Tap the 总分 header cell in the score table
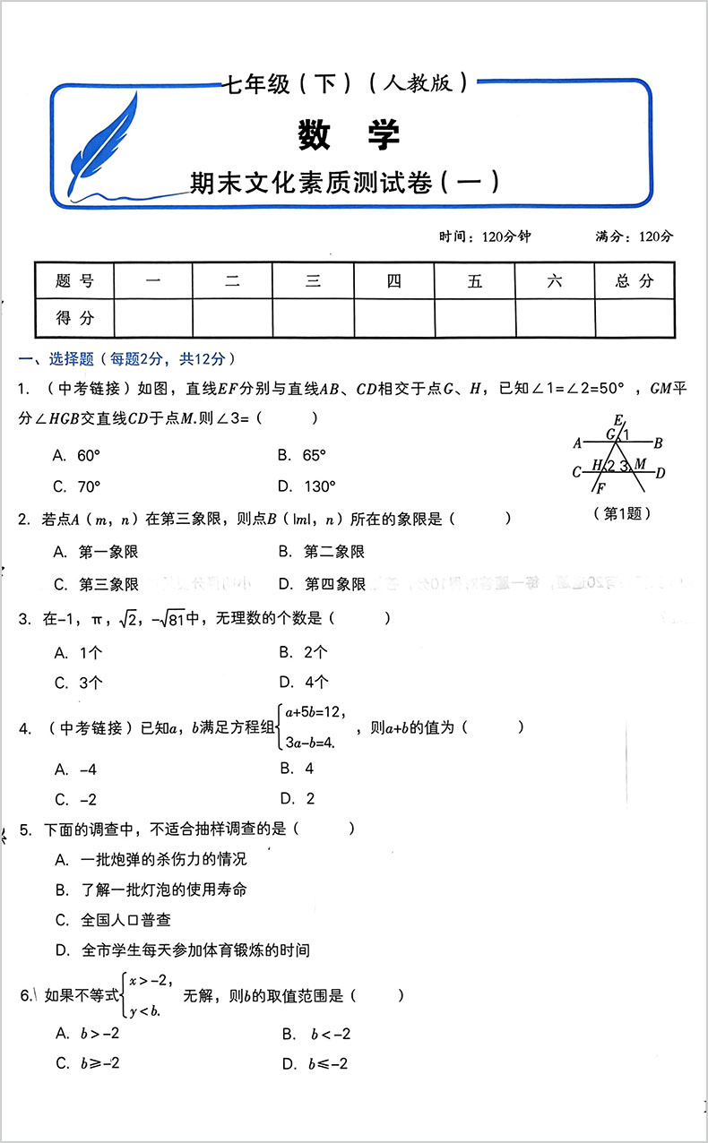point(635,281)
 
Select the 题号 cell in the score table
point(74,281)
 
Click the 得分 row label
point(74,317)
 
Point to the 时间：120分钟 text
point(485,236)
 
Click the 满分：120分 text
point(634,236)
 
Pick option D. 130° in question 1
point(307,486)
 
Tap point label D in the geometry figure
point(661,473)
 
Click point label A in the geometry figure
point(578,442)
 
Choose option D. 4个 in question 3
point(304,682)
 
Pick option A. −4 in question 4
point(75,769)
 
